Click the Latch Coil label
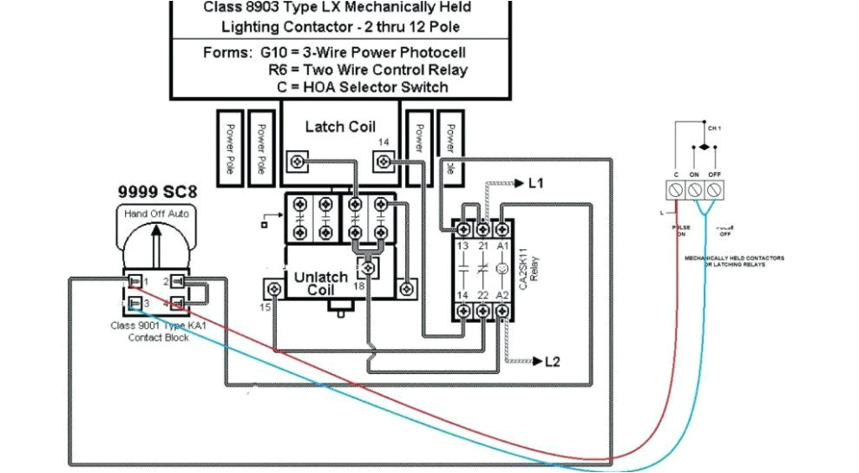[x=340, y=127]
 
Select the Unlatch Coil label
[x=320, y=283]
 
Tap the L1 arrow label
[x=534, y=183]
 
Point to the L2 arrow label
[x=552, y=361]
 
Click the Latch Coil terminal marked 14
[x=384, y=160]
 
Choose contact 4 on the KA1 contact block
[x=177, y=303]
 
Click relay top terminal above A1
[x=502, y=228]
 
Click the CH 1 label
[x=713, y=127]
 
